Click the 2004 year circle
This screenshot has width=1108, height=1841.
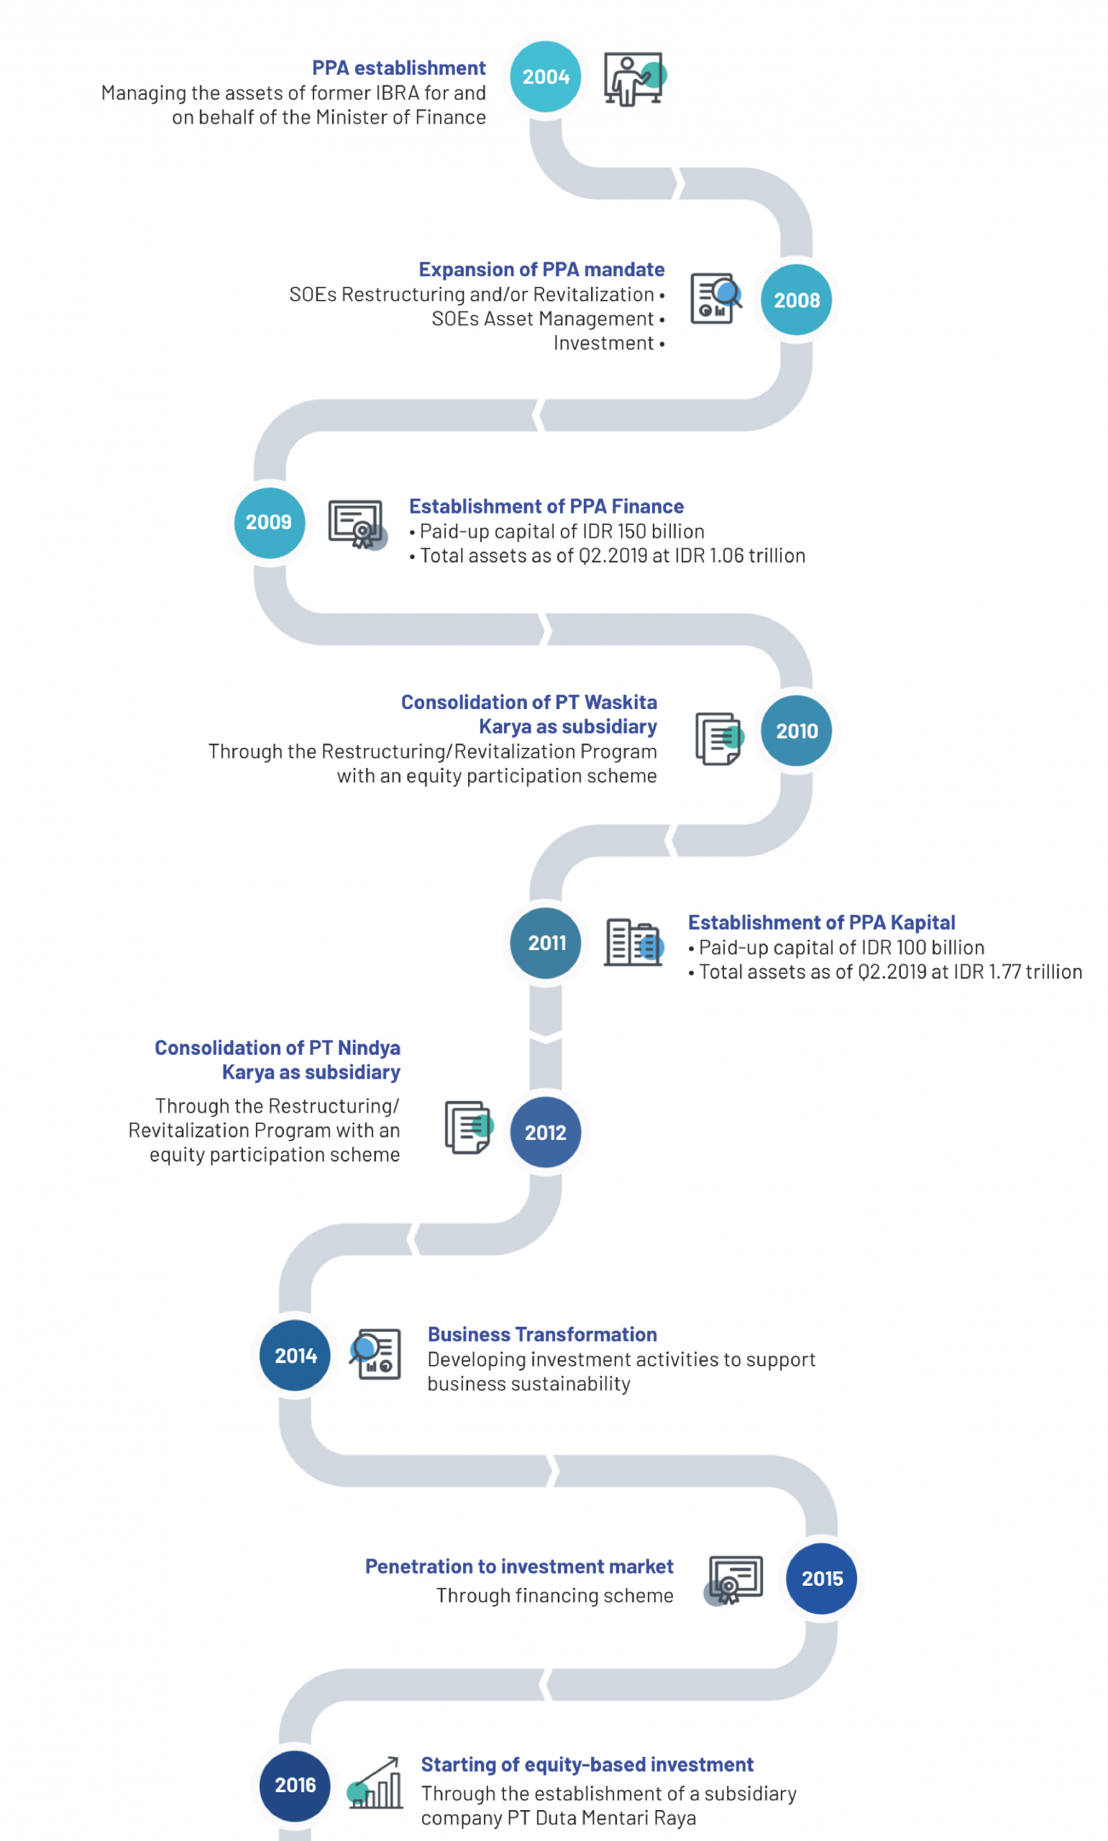pyautogui.click(x=546, y=76)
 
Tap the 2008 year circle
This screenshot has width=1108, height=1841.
pyautogui.click(x=797, y=299)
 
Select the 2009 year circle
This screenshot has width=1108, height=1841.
pyautogui.click(x=270, y=522)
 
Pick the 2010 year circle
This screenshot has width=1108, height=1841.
pyautogui.click(x=797, y=730)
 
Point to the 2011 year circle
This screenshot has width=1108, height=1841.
pyautogui.click(x=546, y=942)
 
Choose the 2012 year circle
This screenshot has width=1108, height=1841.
pyautogui.click(x=546, y=1132)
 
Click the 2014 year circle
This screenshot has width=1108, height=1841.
pyautogui.click(x=295, y=1355)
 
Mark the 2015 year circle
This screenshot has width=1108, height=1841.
pyautogui.click(x=821, y=1579)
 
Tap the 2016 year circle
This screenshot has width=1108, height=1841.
pyautogui.click(x=295, y=1785)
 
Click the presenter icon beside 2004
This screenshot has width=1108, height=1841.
pyautogui.click(x=635, y=78)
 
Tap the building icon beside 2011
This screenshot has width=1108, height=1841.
pyautogui.click(x=634, y=942)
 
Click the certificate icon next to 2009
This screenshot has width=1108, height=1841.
pyautogui.click(x=357, y=524)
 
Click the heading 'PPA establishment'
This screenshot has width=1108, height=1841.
pyautogui.click(x=399, y=68)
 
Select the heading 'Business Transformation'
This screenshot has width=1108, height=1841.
pyautogui.click(x=542, y=1334)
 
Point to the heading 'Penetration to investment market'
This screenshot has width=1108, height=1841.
pyautogui.click(x=519, y=1566)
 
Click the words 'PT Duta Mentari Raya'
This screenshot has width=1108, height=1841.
pyautogui.click(x=602, y=1818)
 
